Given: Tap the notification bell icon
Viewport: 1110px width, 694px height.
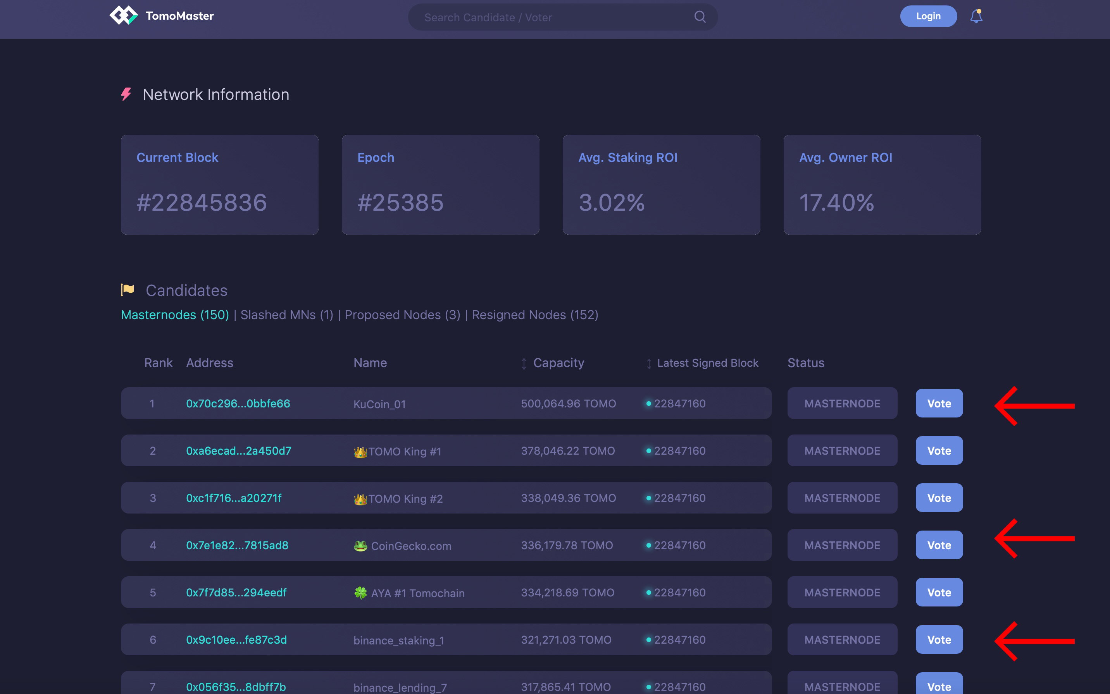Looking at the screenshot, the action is [x=976, y=17].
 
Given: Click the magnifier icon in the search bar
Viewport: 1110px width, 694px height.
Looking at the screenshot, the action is [x=700, y=17].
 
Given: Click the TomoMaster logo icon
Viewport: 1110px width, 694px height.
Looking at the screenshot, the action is [x=124, y=15].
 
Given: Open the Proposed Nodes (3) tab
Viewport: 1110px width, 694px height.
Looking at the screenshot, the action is [x=402, y=315].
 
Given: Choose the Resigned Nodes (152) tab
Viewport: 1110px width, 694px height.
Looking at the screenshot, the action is [x=535, y=315].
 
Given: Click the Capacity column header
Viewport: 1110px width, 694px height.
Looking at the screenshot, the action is [x=558, y=363].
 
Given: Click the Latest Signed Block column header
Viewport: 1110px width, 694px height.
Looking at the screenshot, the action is [x=707, y=363].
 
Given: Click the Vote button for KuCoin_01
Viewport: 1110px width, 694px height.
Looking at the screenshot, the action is [x=939, y=404].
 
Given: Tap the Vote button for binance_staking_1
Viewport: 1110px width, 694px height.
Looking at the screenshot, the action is [x=939, y=639].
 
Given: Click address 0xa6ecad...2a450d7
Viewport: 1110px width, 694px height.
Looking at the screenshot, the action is [x=239, y=451].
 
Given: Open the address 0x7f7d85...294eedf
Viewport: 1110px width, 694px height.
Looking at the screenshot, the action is [x=236, y=593].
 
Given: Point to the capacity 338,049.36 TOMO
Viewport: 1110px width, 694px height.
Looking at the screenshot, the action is [x=569, y=498].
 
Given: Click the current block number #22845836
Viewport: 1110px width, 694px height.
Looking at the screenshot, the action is [x=202, y=203].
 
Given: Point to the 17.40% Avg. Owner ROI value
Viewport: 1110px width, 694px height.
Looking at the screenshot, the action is [x=836, y=203].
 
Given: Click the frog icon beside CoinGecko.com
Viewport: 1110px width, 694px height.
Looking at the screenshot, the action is [x=360, y=546].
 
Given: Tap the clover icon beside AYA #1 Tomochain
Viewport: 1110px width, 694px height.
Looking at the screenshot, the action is [x=360, y=593].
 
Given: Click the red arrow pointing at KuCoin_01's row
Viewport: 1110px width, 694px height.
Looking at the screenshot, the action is [x=1034, y=406].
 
